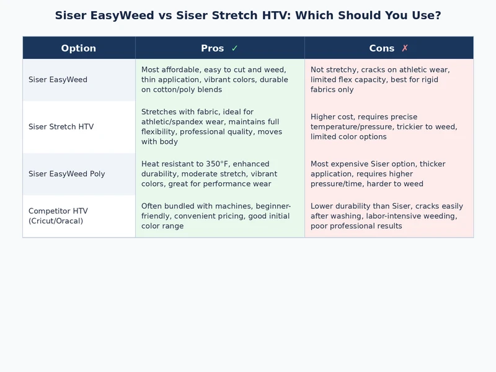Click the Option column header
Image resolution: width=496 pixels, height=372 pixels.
(x=79, y=48)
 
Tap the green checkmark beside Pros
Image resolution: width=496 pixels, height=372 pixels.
(x=234, y=48)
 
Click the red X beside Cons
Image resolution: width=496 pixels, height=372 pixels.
(x=405, y=48)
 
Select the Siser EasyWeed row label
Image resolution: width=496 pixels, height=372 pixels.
(x=58, y=80)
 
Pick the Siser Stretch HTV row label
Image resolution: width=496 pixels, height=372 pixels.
(x=61, y=127)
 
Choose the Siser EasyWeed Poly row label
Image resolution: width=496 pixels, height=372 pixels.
(x=67, y=174)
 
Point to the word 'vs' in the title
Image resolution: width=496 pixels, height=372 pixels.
(x=164, y=15)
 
